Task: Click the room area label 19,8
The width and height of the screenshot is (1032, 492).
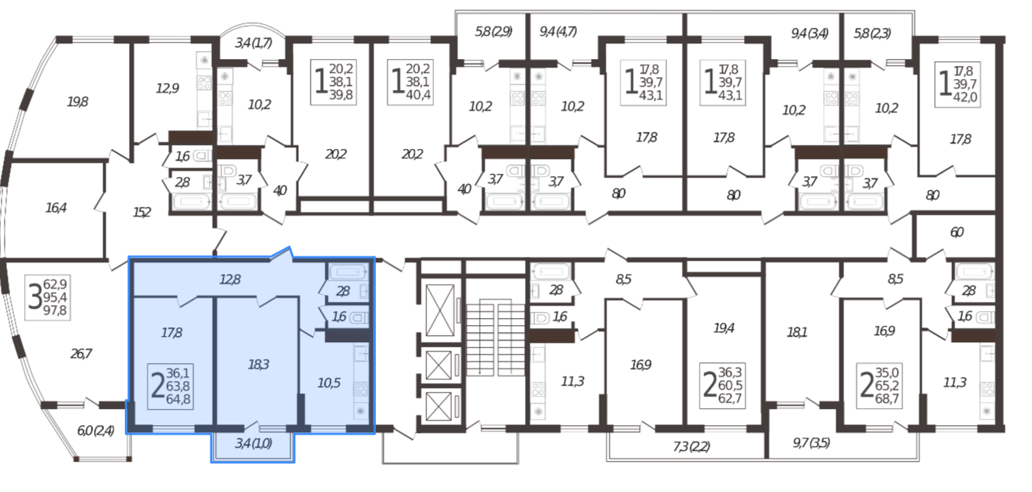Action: pos(78,102)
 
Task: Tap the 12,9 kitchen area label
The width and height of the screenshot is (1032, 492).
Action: pos(167,88)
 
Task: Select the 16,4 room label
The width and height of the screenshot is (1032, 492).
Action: pos(56,208)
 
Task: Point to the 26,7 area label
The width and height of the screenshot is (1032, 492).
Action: pos(81,354)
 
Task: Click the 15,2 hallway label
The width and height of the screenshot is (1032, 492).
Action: pos(142,213)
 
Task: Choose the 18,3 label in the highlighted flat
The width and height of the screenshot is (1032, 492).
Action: pos(258,365)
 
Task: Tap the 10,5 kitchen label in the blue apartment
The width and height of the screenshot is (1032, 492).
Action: pos(329,383)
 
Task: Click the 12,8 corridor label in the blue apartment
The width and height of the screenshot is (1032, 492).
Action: pos(230,279)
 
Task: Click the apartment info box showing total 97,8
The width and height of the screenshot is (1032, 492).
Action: pos(47,297)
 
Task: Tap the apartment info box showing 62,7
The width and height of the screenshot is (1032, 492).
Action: pos(722,386)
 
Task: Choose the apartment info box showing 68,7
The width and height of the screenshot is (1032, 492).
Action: pos(879,386)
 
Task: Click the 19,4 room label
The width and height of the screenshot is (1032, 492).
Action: pos(724,328)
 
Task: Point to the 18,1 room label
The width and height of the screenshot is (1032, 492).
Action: pos(797,332)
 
